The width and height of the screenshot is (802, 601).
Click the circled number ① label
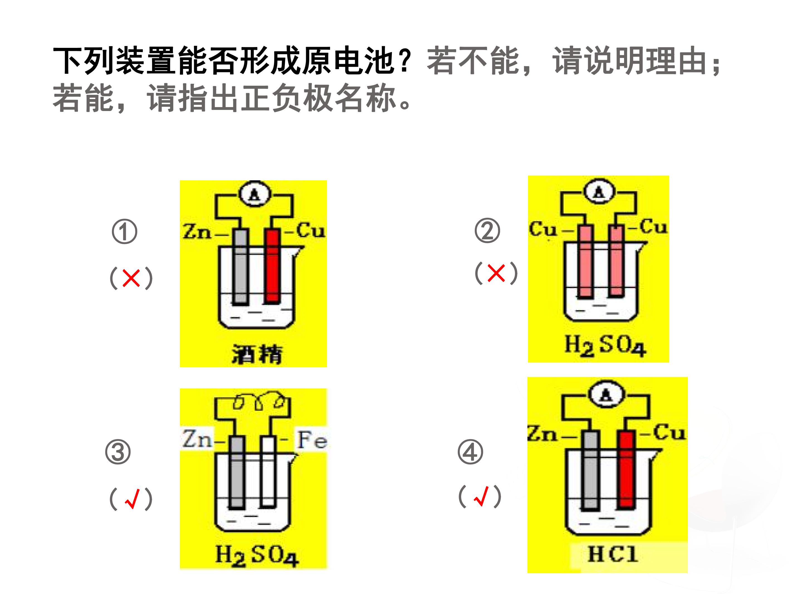coord(124,231)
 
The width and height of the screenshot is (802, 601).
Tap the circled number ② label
coord(487,230)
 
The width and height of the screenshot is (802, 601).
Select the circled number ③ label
coord(118,452)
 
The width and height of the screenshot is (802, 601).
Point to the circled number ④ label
coord(470,452)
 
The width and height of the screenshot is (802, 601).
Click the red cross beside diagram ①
coord(131,278)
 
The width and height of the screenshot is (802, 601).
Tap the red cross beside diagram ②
coord(496,273)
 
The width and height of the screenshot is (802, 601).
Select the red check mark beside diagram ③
coord(132,499)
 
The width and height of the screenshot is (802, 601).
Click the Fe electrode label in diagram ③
coord(312,440)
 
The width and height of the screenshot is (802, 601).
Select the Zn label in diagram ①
coord(197,231)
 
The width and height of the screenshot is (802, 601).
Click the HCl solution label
coord(612,554)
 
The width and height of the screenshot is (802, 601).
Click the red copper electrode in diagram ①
coord(273,265)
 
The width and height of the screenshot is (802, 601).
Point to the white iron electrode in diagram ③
coord(268,471)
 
